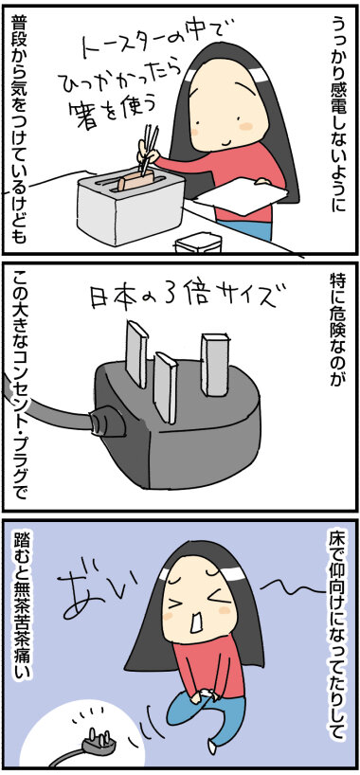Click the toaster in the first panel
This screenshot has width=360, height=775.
point(130,207)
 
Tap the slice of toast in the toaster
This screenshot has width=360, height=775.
point(135,182)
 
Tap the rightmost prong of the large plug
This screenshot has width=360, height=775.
point(214,364)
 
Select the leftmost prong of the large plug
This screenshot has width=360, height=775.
point(136,352)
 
